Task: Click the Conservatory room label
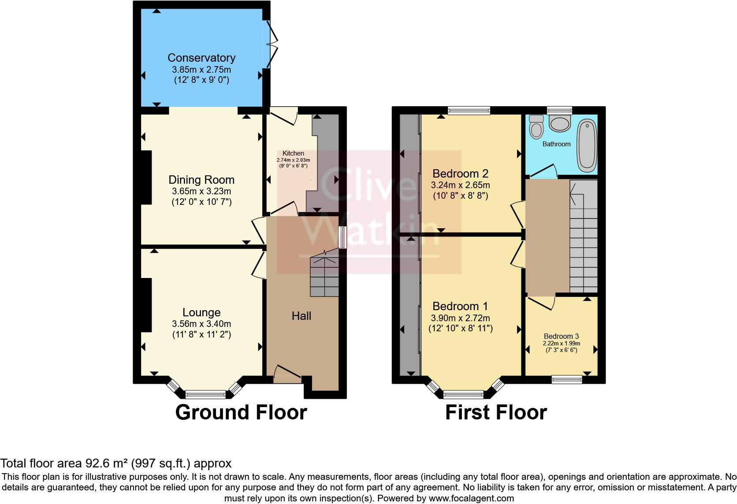pos(201,58)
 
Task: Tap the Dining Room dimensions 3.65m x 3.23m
pos(201,192)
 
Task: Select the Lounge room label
pos(201,312)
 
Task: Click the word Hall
pos(301,316)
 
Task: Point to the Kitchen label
pos(293,153)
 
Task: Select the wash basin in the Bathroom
pos(560,123)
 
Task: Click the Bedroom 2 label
pos(460,174)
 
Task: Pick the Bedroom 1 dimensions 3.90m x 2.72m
pos(460,318)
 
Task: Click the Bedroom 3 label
pos(561,336)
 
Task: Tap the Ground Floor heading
pos(241,413)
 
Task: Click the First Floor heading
pos(496,413)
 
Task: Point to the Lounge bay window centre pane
pos(205,394)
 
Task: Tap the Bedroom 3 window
pos(567,379)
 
